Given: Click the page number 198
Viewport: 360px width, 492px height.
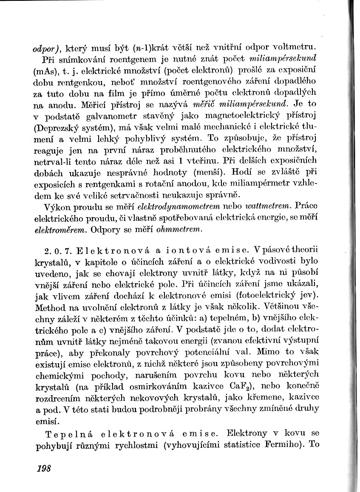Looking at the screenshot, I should coord(44,468).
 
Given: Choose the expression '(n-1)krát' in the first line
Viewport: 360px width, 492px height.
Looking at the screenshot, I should coord(159,46).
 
